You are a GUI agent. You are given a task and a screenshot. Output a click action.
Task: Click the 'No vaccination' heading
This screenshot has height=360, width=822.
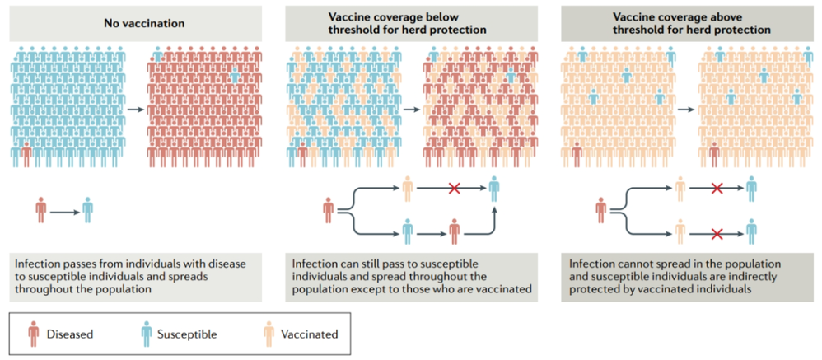(135, 23)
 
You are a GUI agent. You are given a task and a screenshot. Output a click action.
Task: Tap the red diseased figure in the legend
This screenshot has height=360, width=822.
(34, 334)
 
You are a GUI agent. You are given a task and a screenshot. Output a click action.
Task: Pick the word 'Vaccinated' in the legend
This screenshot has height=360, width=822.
(310, 334)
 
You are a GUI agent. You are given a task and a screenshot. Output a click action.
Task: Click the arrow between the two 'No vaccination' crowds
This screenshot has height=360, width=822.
(136, 110)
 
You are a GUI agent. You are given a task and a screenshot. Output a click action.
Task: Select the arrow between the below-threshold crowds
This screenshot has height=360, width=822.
(411, 110)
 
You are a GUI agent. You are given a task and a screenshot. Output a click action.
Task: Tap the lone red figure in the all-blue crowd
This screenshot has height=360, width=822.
(26, 154)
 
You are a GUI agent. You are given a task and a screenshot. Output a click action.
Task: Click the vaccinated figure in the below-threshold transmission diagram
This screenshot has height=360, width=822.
(408, 189)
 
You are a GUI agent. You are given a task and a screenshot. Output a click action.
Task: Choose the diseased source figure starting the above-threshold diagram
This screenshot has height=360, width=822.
(600, 210)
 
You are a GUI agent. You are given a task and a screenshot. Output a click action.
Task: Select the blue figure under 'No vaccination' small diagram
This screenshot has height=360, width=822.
(88, 210)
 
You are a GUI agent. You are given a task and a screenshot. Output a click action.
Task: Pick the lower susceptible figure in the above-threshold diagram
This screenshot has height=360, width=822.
(751, 232)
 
